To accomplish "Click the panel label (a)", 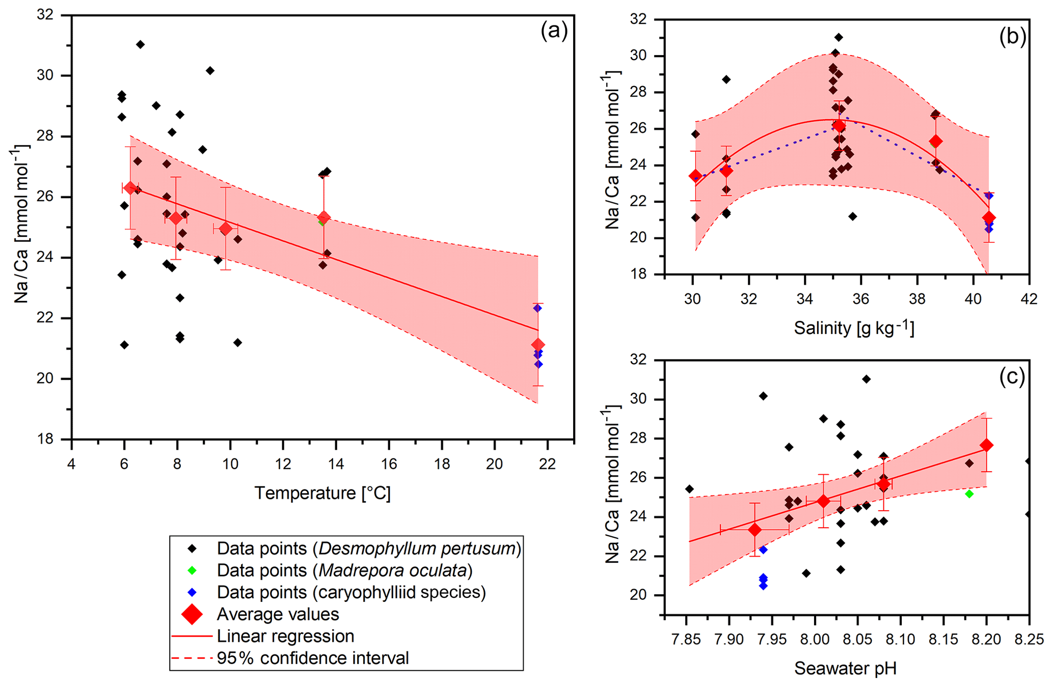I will point(554,32).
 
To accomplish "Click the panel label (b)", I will point(1012,37).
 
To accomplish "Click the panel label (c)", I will point(1012,377).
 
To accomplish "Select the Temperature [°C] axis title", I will point(322,493).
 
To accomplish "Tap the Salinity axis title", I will point(854,327).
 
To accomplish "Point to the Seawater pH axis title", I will point(845,668).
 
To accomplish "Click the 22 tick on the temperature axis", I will point(547,464).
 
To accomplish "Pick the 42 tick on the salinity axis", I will point(1029,299).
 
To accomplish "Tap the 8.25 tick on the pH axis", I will point(1029,639).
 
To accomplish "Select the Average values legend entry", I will point(278,614).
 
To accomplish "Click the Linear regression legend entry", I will point(285,636).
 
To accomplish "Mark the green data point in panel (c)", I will point(969,494).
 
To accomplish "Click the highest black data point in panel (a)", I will point(141,45).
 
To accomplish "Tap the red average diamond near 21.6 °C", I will point(538,345).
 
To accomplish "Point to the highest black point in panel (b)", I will point(839,37).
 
